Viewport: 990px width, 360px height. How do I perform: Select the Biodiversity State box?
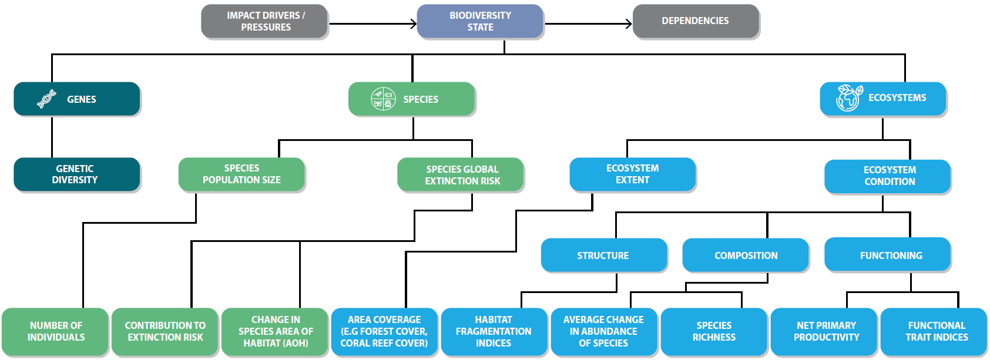click(x=480, y=21)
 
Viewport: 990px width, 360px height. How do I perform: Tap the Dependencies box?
click(x=696, y=21)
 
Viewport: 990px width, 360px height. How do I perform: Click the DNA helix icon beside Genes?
click(x=46, y=99)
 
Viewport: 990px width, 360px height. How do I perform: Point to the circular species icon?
click(x=383, y=99)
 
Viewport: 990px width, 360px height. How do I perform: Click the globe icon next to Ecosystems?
click(x=849, y=98)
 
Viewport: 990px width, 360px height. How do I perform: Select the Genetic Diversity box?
click(x=76, y=174)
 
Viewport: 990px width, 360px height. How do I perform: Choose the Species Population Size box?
click(x=241, y=174)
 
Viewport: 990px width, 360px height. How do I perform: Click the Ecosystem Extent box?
click(x=632, y=174)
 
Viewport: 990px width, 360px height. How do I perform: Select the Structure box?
click(x=603, y=255)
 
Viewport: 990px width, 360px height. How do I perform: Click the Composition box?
click(x=745, y=255)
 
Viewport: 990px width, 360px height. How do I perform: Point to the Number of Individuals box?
click(x=55, y=332)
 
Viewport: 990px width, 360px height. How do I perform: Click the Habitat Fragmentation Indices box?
click(x=494, y=332)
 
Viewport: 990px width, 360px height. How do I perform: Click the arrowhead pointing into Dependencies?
click(x=629, y=24)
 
